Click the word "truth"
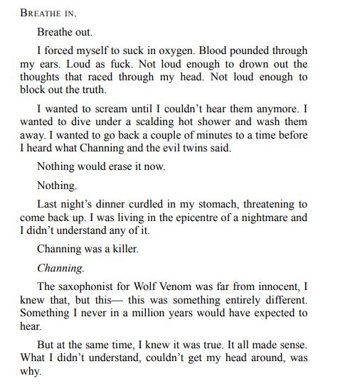pyautogui.click(x=92, y=90)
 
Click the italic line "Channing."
pyautogui.click(x=60, y=269)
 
